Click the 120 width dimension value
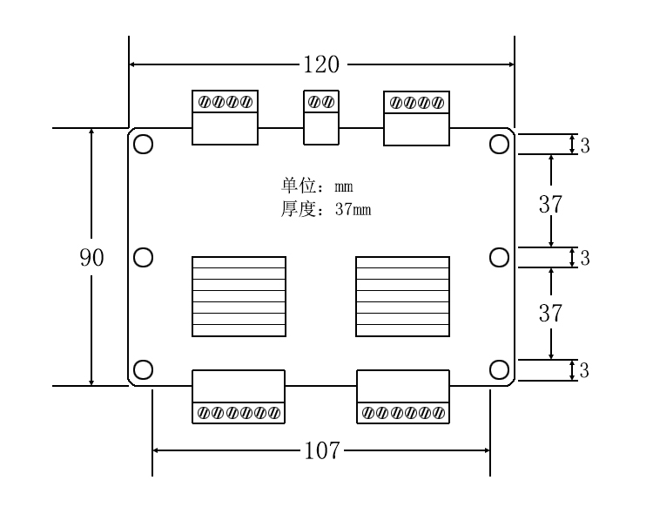pos(321,64)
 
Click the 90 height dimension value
pos(92,258)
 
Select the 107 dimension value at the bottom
pos(322,450)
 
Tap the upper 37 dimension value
pos(550,205)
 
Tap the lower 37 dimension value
pos(550,314)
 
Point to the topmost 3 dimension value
pos(585,145)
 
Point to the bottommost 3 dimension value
pos(585,370)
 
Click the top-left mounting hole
pos(144,145)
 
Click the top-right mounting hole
pos(499,145)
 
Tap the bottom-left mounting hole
pos(144,369)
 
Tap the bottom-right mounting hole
pos(499,369)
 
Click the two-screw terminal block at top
pos(320,117)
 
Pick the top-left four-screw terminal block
pos(225,117)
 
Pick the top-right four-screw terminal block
pos(416,117)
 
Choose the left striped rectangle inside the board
pos(239,296)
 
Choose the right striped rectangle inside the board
pos(402,296)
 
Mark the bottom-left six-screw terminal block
pos(239,396)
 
